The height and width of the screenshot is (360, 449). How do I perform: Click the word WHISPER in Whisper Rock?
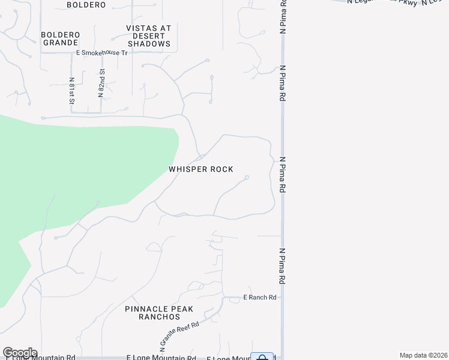click(x=188, y=170)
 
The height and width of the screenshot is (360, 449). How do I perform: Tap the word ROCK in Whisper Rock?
click(x=221, y=170)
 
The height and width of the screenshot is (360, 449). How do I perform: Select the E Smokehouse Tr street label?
click(x=102, y=53)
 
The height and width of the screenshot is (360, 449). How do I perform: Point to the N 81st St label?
click(x=71, y=89)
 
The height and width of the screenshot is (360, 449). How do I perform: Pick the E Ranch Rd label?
click(x=259, y=298)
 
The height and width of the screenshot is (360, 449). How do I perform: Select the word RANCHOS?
click(x=160, y=317)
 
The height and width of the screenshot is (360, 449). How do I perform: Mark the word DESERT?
click(x=148, y=36)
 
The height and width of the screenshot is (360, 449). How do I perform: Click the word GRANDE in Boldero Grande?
click(x=59, y=43)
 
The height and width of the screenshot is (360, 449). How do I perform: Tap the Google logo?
click(x=20, y=353)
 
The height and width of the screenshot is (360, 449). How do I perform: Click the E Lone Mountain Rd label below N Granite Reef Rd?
click(x=161, y=358)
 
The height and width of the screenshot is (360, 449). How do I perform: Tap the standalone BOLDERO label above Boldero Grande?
click(x=86, y=5)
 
